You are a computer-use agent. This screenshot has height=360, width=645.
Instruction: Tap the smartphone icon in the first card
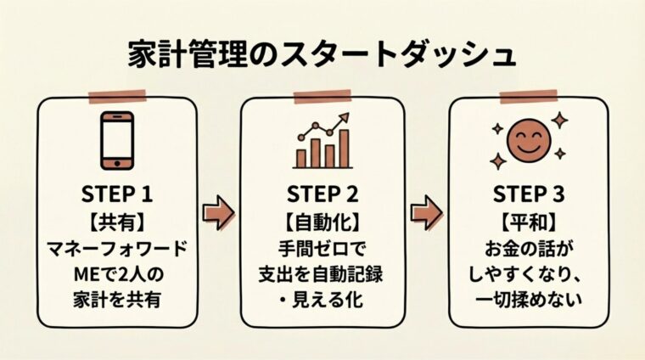click(x=118, y=140)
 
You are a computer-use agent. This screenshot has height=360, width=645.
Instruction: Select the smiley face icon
click(x=527, y=140)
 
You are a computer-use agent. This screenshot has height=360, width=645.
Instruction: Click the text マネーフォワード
click(x=118, y=249)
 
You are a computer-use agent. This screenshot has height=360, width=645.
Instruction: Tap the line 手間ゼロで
click(x=322, y=249)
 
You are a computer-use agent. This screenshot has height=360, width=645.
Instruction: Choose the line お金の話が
click(x=527, y=249)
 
